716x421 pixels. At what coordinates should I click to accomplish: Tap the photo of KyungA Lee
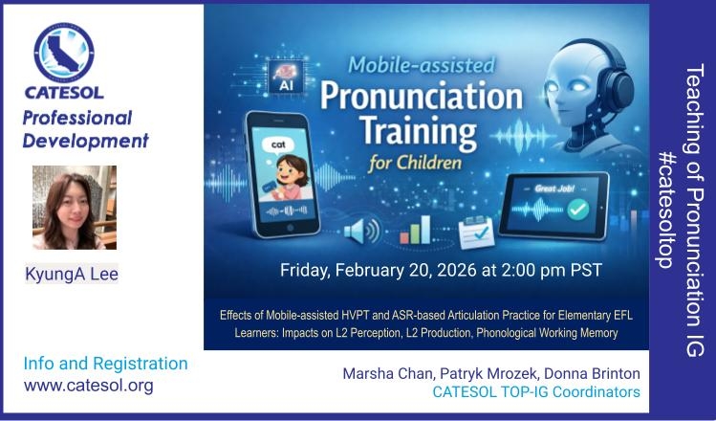(x=75, y=208)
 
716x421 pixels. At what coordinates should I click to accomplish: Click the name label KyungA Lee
(x=72, y=275)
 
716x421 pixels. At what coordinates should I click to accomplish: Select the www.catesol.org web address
(x=88, y=386)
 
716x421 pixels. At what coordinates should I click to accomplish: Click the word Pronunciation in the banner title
(x=421, y=98)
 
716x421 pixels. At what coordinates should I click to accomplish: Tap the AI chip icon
(x=286, y=78)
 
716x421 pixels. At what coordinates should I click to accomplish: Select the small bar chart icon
(x=414, y=229)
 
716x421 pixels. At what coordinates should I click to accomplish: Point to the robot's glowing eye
(x=585, y=85)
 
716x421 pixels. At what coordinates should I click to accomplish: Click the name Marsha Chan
(x=383, y=374)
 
